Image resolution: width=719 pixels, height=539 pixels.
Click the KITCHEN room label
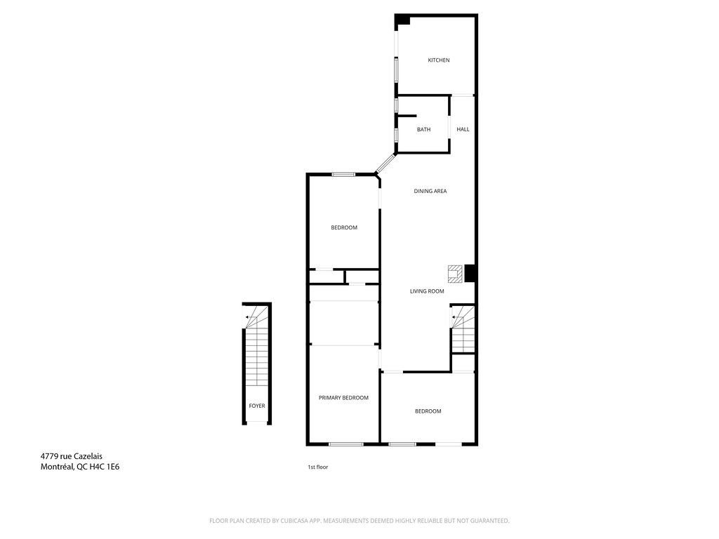point(438,60)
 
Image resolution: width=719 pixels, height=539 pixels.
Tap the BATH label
point(423,130)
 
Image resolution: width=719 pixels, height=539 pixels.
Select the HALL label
point(463,129)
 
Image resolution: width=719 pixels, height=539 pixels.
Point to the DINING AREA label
point(430,191)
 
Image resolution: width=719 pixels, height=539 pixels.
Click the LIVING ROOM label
point(427,291)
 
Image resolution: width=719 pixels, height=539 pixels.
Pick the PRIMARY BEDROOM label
point(343,398)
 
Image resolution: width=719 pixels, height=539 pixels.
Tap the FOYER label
point(257,406)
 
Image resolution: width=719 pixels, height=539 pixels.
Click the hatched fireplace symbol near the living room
point(455,274)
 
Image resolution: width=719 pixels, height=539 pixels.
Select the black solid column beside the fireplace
point(470,274)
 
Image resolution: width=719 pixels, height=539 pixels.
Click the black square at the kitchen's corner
point(402,20)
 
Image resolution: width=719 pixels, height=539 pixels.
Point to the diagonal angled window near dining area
point(385,164)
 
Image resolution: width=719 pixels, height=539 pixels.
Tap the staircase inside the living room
point(463,329)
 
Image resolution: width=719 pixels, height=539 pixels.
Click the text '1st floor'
point(318,467)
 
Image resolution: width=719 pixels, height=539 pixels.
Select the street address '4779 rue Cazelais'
point(72,456)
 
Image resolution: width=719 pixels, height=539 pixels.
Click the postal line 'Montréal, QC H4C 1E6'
point(80,467)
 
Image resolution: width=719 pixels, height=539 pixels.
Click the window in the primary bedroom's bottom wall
point(346,444)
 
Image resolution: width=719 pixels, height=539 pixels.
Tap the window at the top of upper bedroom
point(343,174)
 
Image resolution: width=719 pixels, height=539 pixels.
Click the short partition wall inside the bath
point(407,116)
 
